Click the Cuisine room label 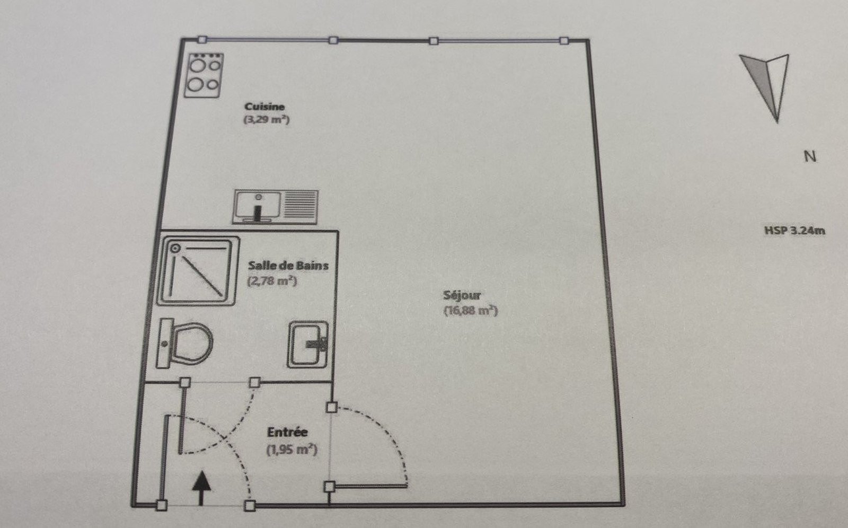coord(264,107)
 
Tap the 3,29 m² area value coord(267,120)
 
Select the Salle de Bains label coord(288,266)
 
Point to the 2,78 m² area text coord(272,281)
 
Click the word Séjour coord(462,295)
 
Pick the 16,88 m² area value coord(471,311)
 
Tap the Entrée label coord(287,432)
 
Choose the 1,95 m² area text coord(292,450)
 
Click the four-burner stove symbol coord(204,75)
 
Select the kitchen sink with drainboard coord(276,207)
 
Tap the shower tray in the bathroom coord(198,271)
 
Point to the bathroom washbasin coord(308,344)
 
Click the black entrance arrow coord(201,488)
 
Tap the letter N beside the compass coord(810,156)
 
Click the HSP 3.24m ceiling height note coord(794,231)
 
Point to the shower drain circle coord(175,249)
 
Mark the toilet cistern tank coord(164,343)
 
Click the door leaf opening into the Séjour coord(368,486)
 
